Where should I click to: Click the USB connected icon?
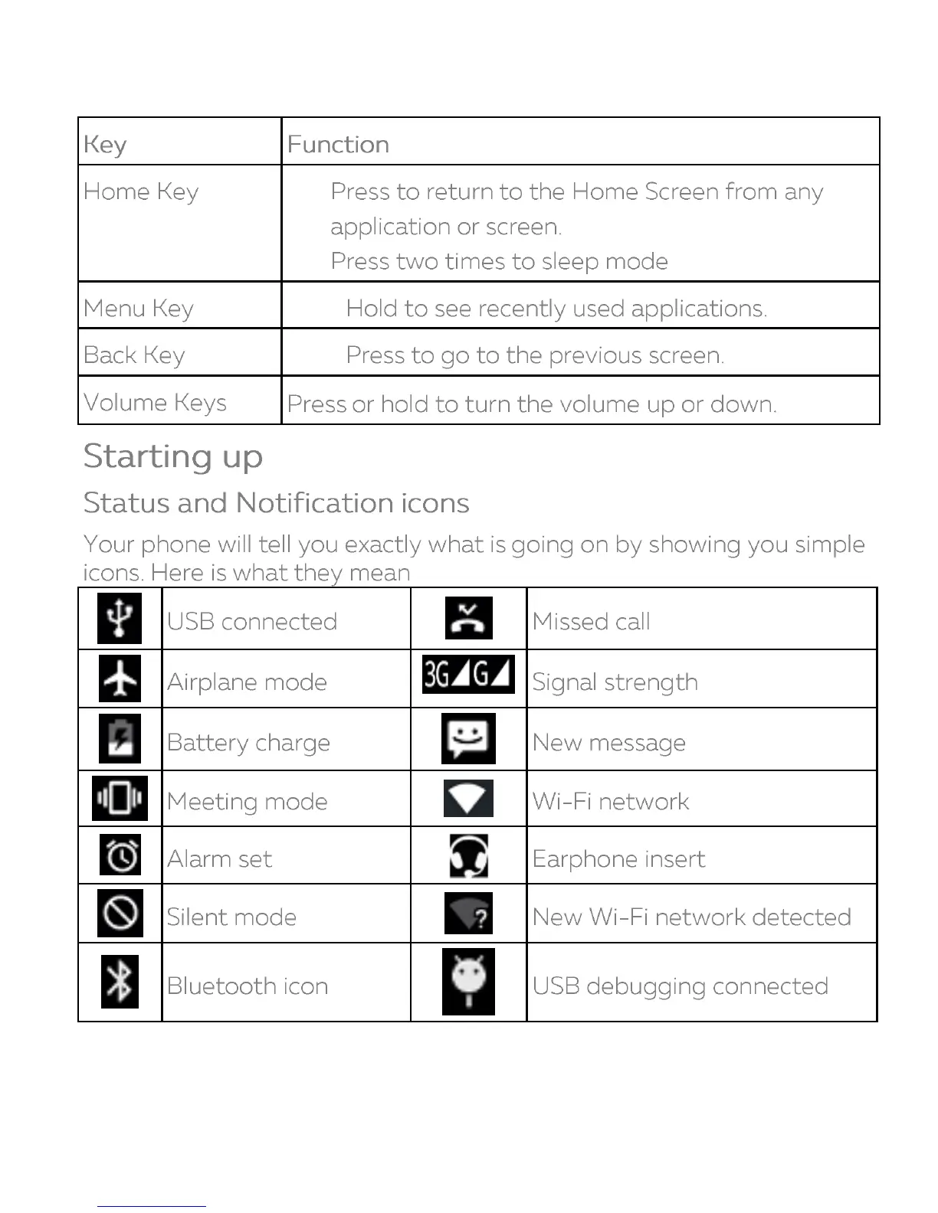(120, 618)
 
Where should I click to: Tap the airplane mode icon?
(120, 678)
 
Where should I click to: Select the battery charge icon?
(120, 739)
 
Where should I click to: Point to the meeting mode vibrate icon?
(120, 798)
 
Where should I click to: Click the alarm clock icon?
(120, 855)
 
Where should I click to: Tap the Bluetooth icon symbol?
(120, 982)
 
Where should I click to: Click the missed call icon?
(468, 618)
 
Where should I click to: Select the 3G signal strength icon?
(468, 674)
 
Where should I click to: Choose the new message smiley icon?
(468, 738)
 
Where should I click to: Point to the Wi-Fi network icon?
(468, 798)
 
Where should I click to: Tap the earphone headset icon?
(468, 855)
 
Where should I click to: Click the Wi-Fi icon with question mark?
(468, 913)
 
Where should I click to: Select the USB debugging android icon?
(468, 982)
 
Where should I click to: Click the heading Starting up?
(173, 456)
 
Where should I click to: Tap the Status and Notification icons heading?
(276, 503)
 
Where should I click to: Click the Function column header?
(338, 144)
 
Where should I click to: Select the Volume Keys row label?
(155, 402)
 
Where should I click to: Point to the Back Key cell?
(134, 355)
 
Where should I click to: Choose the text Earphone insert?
(618, 859)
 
